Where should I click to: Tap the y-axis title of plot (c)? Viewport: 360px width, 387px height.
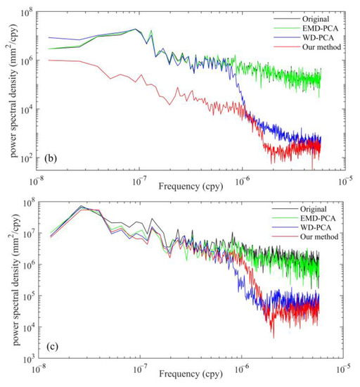(13, 281)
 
